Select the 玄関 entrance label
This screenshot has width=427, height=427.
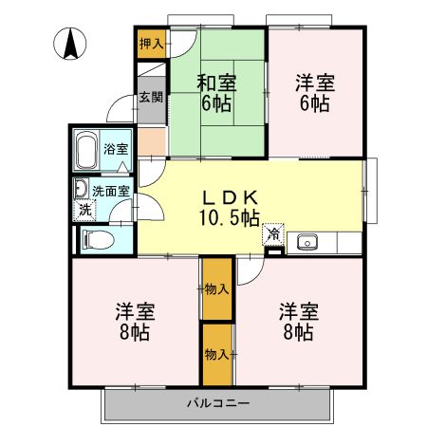[x=151, y=97]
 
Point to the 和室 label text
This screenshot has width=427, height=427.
[x=216, y=84]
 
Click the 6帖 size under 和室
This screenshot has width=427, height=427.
[x=216, y=103]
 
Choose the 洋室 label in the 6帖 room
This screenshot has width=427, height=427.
[x=315, y=84]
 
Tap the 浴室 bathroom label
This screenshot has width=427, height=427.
[x=116, y=149]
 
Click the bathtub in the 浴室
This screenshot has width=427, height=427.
[x=86, y=149]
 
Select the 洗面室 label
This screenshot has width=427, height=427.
[x=111, y=188]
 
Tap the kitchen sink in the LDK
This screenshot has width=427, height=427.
[x=307, y=242]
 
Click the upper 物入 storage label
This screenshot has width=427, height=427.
[x=216, y=288]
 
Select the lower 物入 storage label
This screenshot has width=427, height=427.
[x=216, y=354]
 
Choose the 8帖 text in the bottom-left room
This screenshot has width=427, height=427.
[x=136, y=332]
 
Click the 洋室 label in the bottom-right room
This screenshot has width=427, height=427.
[x=298, y=311]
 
